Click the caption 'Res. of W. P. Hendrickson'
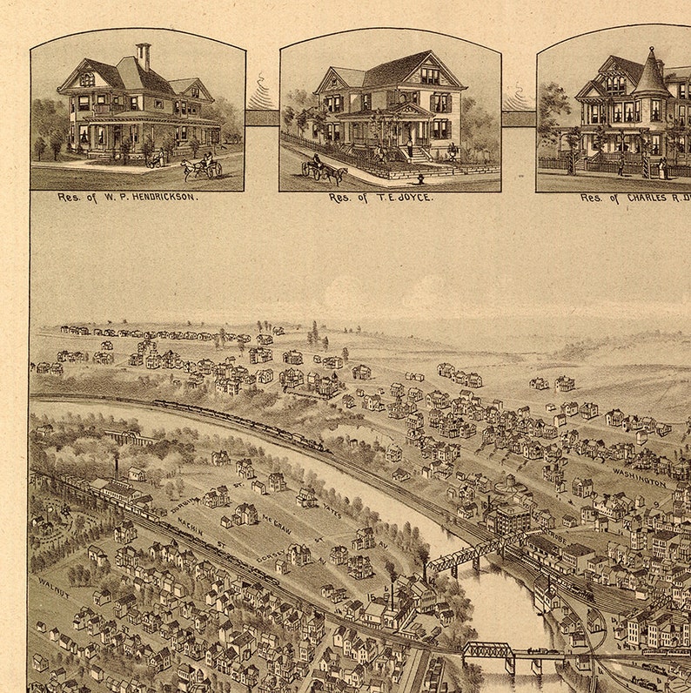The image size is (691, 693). point(128,198)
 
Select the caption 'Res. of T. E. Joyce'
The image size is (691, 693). point(380,198)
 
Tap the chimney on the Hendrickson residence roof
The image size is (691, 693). point(143,55)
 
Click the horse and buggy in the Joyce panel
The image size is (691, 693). point(324,170)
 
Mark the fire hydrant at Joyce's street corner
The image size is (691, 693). point(419,179)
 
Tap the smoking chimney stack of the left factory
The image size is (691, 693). point(116,466)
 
